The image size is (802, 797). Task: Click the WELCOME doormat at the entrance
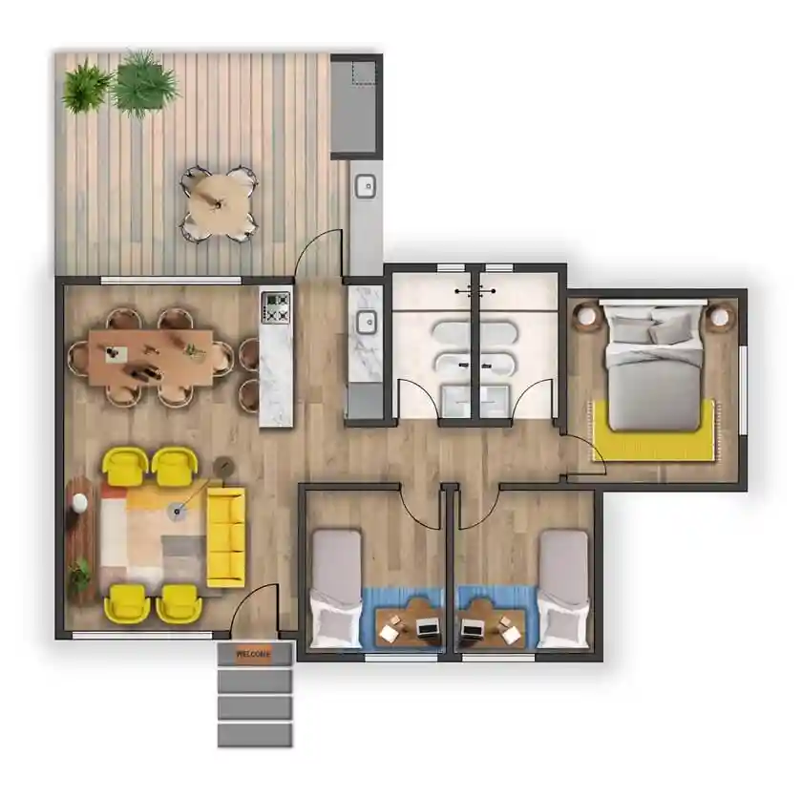click(x=253, y=654)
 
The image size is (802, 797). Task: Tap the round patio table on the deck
click(x=221, y=201)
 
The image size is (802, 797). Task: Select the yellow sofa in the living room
click(x=225, y=535)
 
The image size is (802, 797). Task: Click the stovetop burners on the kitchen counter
click(x=277, y=306)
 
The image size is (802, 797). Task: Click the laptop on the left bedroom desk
click(x=427, y=628)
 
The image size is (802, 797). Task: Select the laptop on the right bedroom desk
click(x=472, y=628)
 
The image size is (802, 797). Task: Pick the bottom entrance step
click(x=253, y=734)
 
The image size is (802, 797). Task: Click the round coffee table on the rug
click(x=178, y=513)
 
